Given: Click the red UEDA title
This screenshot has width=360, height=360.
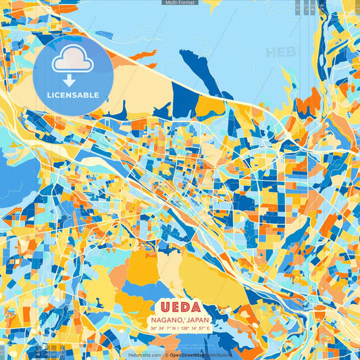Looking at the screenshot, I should point(180,305).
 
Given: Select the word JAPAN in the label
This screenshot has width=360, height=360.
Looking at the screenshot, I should point(197,319).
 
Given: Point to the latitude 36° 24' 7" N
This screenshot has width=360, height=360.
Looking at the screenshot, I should point(163,328).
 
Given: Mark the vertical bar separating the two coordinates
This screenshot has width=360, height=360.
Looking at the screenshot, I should point(179,328).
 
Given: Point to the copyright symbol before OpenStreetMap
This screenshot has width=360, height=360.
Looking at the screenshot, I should point(166,355).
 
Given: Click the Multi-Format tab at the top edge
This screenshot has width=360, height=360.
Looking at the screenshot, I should point(180,3).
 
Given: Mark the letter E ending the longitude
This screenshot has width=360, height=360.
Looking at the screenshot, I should point(209,328).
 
